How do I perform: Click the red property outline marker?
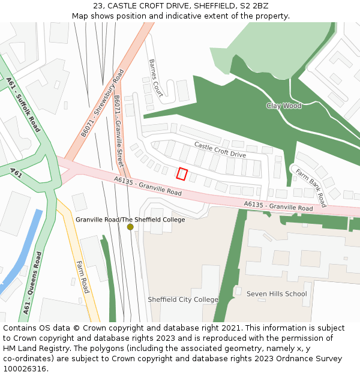coord(182,174)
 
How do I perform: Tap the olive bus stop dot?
coord(130,227)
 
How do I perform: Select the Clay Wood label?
coord(284,106)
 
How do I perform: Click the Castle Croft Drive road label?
coord(220,150)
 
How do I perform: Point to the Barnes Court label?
coord(156,77)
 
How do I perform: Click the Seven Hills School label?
coord(277,294)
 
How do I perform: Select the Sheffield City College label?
coord(183,299)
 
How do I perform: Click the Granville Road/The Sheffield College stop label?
coord(130,220)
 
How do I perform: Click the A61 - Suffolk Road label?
coord(23,104)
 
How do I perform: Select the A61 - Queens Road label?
coord(32,283)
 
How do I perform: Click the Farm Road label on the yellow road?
coord(82,277)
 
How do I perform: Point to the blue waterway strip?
coord(21,252)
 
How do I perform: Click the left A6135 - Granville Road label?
coord(148,186)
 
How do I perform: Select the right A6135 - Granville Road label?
coord(278,206)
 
